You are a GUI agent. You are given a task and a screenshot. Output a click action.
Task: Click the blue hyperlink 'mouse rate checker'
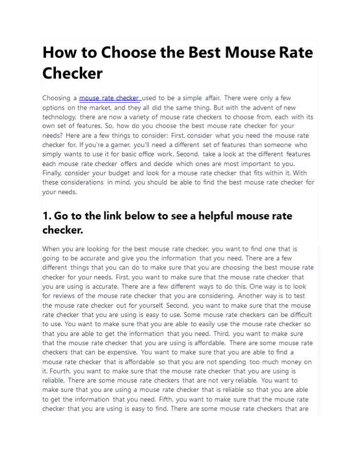coord(109,99)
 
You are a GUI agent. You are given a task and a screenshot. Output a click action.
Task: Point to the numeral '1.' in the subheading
coord(47,216)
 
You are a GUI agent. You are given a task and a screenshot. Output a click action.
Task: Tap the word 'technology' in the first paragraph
coord(59,117)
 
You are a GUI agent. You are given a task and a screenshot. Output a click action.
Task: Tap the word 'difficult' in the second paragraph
coord(296,315)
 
